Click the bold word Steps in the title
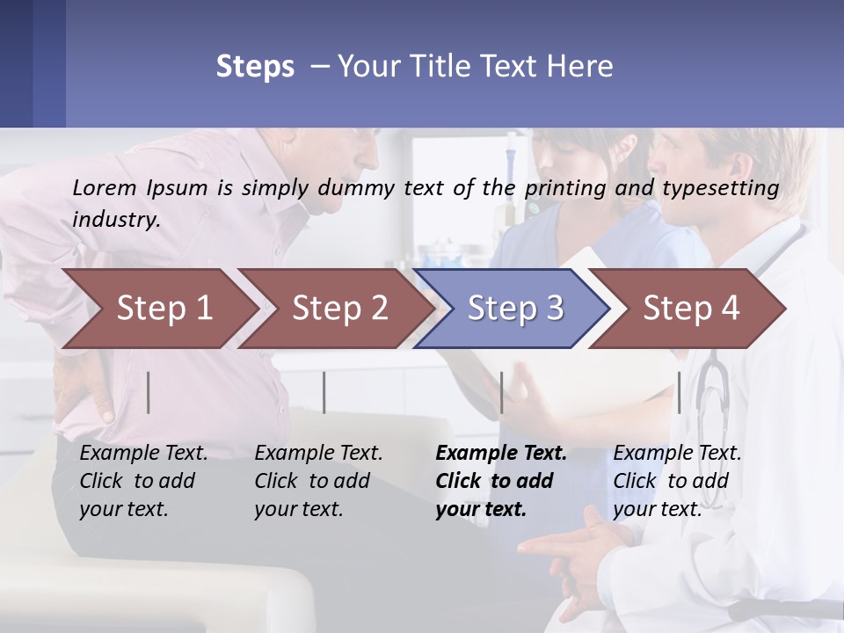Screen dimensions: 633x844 point(255,67)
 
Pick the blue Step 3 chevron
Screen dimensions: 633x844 point(514,309)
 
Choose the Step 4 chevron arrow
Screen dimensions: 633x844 point(690,309)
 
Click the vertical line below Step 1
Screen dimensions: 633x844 point(149,393)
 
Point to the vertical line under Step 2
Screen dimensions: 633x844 point(324,393)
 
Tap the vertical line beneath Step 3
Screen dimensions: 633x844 point(501,393)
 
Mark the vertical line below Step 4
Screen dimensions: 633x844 point(679,393)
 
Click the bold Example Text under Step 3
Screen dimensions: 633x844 point(501,454)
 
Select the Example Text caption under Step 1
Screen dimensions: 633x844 point(143,454)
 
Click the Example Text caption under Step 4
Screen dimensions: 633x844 point(677,454)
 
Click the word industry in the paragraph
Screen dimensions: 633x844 point(115,220)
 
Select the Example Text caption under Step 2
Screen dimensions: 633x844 point(318,454)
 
